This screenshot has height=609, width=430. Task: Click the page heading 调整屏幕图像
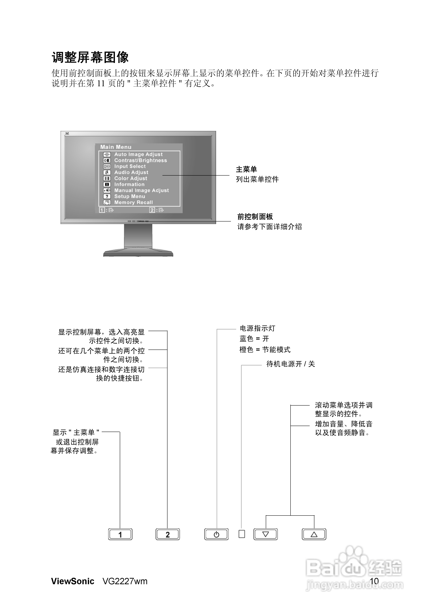click(90, 57)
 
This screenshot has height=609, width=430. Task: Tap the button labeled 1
click(120, 534)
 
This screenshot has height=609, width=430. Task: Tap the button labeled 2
click(167, 534)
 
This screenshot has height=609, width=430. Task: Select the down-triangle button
click(265, 534)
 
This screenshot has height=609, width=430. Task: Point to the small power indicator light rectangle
click(242, 534)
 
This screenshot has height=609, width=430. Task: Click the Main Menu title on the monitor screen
click(116, 147)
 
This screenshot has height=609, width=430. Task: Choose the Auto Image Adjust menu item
click(138, 154)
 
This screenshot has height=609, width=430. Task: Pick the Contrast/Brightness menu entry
click(141, 160)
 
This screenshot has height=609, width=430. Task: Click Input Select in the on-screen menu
click(130, 166)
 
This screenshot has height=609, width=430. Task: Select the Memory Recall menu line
click(133, 202)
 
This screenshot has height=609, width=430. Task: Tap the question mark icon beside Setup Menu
click(107, 197)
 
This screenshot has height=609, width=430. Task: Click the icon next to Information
click(107, 184)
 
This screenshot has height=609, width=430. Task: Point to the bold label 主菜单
click(246, 169)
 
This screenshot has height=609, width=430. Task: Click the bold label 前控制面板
click(255, 217)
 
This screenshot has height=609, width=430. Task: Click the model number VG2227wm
click(125, 581)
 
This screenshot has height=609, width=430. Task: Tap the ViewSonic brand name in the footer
click(73, 581)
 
